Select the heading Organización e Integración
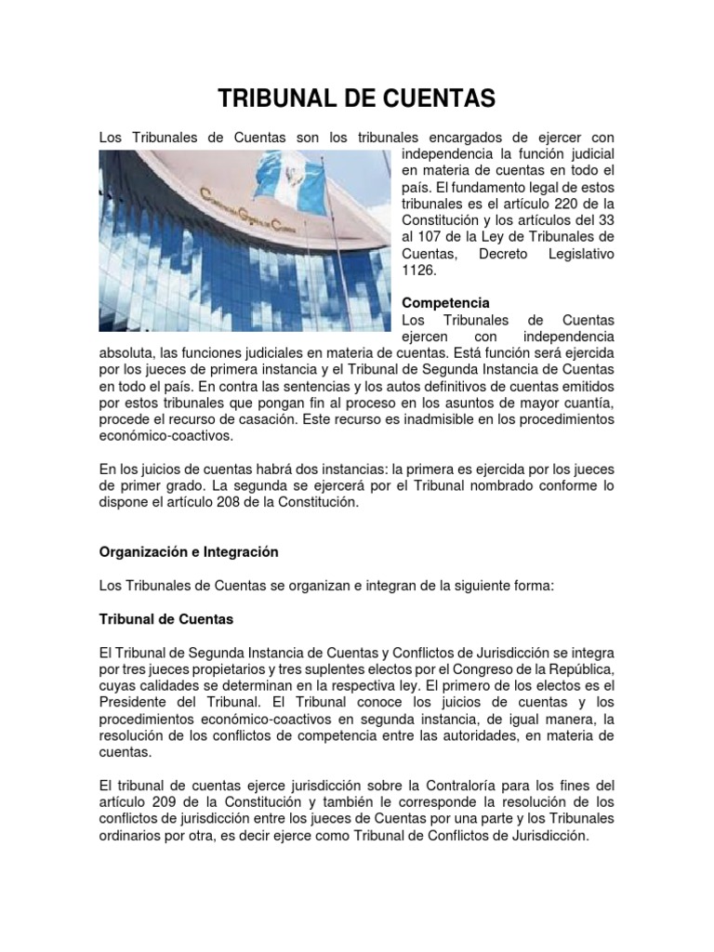[189, 551]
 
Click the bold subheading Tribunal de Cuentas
[166, 618]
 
